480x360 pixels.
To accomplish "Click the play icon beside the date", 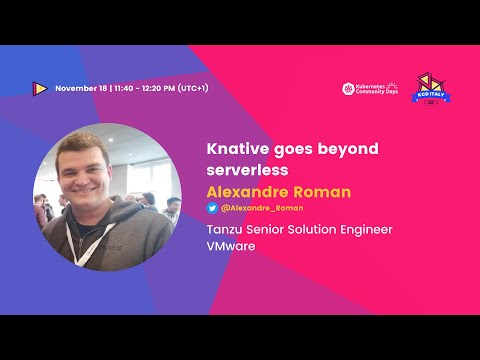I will (39, 88).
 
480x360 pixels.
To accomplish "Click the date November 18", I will (82, 88).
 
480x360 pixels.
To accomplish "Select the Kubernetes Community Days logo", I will (371, 88).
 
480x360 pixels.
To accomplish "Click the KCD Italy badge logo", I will (428, 87).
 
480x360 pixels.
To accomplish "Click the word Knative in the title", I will (232, 148).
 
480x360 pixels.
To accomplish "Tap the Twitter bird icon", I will (212, 208).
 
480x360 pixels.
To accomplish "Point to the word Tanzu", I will (226, 229).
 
